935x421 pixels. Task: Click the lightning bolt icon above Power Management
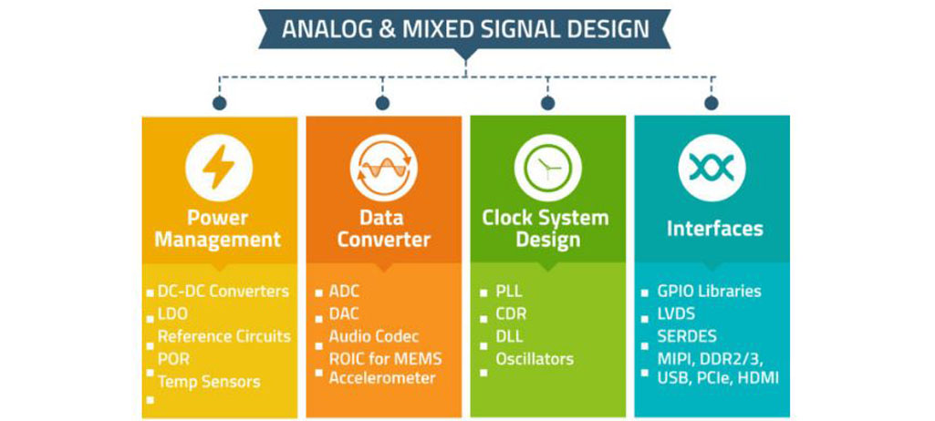coord(219,169)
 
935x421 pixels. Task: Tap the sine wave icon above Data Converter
coord(383,169)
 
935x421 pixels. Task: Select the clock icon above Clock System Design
coord(547,169)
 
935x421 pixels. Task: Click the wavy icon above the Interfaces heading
coord(712,169)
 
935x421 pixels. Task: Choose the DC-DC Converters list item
coord(223,292)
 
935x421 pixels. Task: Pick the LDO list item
coord(172,314)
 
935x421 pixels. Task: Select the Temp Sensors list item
coord(208,382)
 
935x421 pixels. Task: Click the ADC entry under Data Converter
coord(344,292)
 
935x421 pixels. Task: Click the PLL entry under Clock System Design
coord(508,292)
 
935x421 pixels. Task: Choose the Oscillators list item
coord(535,358)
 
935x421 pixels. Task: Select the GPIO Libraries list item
coord(709,292)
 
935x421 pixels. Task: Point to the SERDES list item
coord(686,336)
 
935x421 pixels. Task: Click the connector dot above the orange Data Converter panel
coord(383,103)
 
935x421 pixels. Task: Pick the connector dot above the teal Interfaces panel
coord(712,103)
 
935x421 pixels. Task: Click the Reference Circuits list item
coord(223,336)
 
